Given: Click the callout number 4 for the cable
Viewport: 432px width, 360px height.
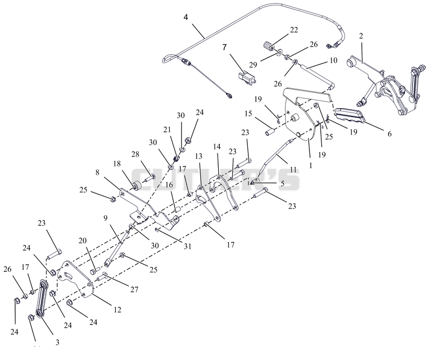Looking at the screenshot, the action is coord(186,17).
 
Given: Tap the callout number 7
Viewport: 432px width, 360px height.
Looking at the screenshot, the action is coord(225,48).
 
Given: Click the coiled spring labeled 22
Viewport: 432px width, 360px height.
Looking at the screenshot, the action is coord(268,46).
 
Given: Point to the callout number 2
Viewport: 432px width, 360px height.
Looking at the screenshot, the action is coord(361,36).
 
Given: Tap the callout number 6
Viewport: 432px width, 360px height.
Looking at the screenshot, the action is coord(389,134).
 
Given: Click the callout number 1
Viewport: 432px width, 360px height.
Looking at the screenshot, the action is coord(311,165).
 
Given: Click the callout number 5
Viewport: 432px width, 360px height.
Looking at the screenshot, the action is coord(282,183).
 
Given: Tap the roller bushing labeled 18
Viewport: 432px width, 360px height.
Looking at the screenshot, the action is coord(137,186).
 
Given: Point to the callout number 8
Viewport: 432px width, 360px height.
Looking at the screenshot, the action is coord(97,172).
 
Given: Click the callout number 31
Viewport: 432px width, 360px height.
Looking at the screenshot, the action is coord(187,246).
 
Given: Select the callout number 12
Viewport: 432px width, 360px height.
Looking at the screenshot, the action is coord(117,310).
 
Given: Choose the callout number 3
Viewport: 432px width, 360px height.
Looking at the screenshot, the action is coord(57,342).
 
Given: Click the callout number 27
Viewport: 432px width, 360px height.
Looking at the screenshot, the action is coord(134,289).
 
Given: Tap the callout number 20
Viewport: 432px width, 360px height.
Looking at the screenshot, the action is coord(83,241).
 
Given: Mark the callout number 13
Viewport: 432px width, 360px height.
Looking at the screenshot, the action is coord(198,156).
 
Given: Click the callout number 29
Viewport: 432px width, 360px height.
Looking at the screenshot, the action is coord(253,64).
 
